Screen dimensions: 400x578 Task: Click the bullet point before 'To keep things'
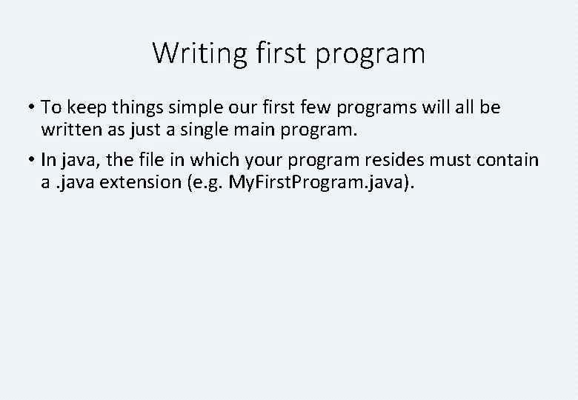point(32,108)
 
